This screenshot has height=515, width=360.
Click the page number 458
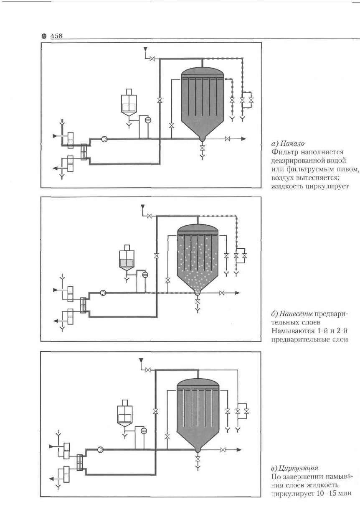[56, 36]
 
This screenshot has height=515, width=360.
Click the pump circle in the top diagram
[104, 139]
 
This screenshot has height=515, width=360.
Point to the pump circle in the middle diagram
[103, 293]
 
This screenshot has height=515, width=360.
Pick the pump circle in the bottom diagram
[100, 450]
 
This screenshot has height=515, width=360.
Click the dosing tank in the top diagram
[129, 103]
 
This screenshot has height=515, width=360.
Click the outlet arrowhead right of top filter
[244, 139]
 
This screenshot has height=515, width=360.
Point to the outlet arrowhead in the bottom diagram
[239, 450]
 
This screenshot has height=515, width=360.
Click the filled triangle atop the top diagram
[145, 49]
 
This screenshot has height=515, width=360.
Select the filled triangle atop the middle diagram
[142, 206]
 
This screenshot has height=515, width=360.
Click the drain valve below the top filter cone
[202, 148]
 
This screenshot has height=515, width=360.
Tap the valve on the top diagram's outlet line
[228, 139]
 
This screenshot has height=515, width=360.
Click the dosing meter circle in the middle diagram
[145, 275]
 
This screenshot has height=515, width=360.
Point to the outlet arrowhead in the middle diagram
[237, 293]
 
